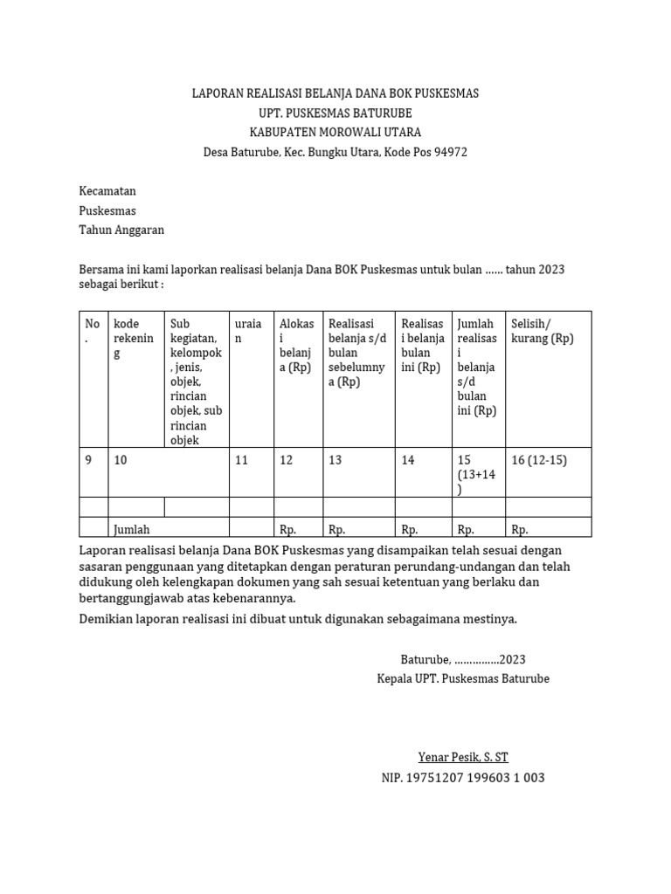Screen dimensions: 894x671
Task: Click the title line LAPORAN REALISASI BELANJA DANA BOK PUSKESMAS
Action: click(335, 93)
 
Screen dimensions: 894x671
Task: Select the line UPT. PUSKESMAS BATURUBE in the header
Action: click(335, 113)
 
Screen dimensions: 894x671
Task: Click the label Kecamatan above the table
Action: click(107, 191)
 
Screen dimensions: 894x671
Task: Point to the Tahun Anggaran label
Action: click(121, 230)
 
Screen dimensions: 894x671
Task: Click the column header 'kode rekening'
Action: click(134, 339)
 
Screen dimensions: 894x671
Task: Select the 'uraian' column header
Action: click(248, 331)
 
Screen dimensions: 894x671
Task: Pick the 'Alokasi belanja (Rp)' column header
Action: click(296, 346)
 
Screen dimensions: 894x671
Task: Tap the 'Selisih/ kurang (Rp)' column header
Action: click(542, 331)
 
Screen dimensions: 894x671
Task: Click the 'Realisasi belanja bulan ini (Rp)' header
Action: click(422, 346)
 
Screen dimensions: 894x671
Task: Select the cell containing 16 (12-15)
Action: click(539, 460)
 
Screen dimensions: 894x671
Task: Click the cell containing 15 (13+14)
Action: click(476, 474)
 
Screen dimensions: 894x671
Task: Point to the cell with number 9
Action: click(88, 460)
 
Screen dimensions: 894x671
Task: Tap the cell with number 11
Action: click(242, 460)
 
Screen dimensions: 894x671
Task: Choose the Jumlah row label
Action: click(132, 529)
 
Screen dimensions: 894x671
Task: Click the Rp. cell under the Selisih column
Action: click(520, 529)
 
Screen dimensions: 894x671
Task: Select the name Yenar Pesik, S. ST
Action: click(463, 757)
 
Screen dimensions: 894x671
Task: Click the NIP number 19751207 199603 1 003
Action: click(463, 777)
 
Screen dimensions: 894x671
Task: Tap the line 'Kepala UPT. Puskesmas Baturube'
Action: click(463, 678)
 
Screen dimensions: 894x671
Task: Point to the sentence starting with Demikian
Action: click(298, 619)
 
